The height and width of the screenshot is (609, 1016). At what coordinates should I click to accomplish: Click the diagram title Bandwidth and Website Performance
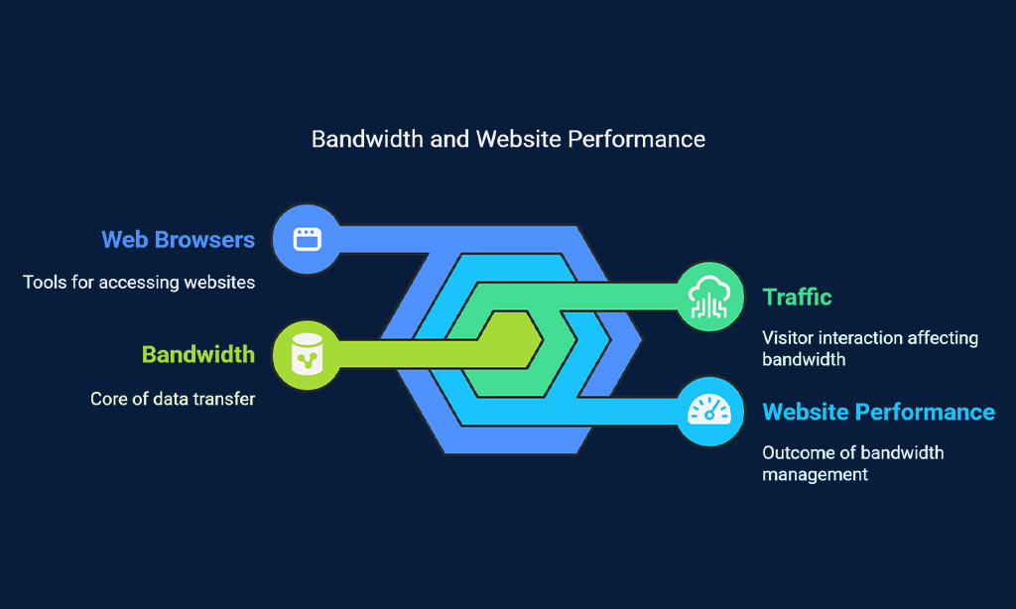click(x=508, y=139)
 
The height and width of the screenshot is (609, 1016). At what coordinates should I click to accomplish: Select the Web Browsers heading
click(x=179, y=240)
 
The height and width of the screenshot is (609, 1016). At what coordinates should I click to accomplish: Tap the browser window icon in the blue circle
click(x=308, y=239)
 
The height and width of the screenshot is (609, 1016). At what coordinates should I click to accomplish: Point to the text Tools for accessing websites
click(x=139, y=283)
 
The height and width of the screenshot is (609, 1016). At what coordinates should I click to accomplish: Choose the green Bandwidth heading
click(x=198, y=354)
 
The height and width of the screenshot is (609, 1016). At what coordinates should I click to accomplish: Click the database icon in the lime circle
click(x=308, y=354)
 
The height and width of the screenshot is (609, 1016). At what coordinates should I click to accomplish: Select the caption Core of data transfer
click(x=173, y=399)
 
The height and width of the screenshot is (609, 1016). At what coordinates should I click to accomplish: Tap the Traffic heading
click(x=797, y=297)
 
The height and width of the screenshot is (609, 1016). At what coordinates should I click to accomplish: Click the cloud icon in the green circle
click(x=709, y=297)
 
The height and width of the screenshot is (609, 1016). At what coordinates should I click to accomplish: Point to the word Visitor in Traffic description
click(x=788, y=337)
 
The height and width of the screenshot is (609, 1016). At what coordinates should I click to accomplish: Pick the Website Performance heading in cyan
click(x=879, y=412)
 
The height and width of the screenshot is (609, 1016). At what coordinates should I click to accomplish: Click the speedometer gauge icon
click(x=709, y=410)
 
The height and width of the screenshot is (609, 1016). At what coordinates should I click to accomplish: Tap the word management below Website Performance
click(x=816, y=475)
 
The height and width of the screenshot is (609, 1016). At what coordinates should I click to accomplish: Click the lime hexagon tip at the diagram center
click(x=542, y=339)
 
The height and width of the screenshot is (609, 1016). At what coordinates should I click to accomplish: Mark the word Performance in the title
click(x=636, y=139)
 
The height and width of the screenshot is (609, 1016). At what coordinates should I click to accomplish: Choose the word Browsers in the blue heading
click(x=204, y=240)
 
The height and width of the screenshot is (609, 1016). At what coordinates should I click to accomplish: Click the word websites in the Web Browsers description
click(x=219, y=283)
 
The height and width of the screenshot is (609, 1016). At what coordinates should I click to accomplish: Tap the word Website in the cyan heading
click(x=806, y=412)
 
